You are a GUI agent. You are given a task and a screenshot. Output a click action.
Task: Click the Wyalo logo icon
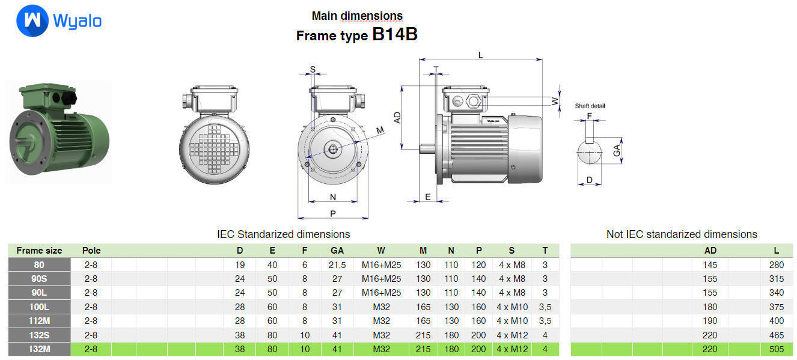32,21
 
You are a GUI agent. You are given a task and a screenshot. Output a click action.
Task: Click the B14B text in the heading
394,34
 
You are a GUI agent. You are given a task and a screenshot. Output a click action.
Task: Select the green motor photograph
59,132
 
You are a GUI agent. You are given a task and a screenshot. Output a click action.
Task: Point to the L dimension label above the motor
480,55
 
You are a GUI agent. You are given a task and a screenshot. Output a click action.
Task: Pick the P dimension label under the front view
332,213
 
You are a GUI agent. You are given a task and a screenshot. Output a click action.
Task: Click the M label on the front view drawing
380,130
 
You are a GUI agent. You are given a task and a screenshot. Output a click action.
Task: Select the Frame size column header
39,250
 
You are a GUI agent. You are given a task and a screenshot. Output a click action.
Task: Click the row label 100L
39,307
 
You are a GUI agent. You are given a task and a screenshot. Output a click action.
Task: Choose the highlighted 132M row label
39,349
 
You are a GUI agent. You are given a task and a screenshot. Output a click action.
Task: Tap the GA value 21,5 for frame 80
337,264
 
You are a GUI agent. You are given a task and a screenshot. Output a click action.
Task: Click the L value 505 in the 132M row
776,349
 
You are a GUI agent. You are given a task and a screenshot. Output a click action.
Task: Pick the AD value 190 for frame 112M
710,321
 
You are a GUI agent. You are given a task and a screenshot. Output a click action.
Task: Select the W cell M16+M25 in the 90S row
381,279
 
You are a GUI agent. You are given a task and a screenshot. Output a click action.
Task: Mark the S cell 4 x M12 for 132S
511,335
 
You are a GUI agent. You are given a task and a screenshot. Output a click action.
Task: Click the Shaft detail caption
590,106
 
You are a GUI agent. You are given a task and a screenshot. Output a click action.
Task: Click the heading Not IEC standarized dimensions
682,234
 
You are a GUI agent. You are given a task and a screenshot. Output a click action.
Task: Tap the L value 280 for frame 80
776,264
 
